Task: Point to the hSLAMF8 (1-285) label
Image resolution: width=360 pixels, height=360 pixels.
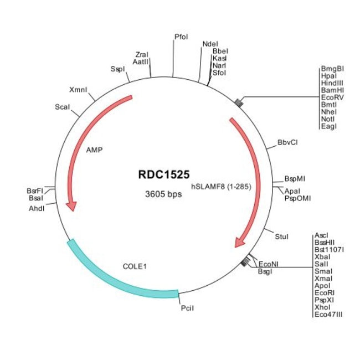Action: tap(222, 187)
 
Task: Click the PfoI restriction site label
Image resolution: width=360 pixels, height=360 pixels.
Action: tap(181, 37)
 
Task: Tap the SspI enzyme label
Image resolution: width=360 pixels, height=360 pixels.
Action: tap(117, 69)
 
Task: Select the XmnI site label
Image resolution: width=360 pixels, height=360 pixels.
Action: tap(78, 90)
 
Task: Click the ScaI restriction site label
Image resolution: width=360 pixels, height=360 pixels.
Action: tap(62, 107)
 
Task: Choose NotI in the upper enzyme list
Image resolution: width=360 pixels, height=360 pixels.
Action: tap(329, 119)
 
